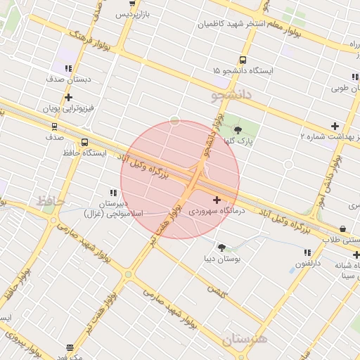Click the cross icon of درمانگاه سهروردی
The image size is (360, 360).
[217, 200]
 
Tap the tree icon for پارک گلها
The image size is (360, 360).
[237, 129]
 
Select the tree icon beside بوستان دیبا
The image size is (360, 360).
[222, 247]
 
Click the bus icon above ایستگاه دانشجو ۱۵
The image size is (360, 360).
[243, 60]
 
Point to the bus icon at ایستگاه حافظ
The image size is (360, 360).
[85, 142]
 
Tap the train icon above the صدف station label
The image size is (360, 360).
[54, 127]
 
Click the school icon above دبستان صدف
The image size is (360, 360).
[68, 69]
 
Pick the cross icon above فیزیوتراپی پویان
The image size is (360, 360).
[68, 98]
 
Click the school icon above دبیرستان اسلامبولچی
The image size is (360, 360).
[113, 193]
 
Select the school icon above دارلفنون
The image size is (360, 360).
[307, 252]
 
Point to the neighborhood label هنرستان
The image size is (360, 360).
[245, 339]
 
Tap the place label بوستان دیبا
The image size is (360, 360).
[223, 259]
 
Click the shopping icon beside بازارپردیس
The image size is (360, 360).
[132, 3]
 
